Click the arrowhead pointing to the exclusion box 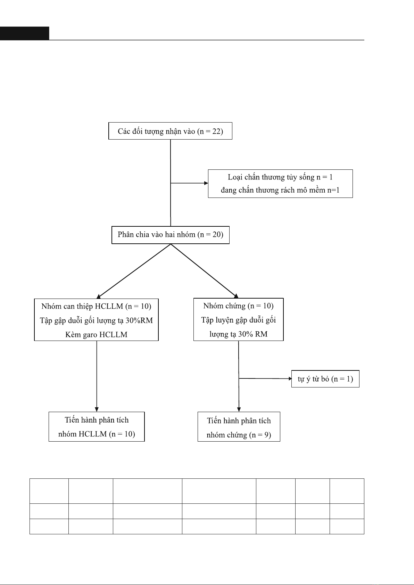click(x=206, y=183)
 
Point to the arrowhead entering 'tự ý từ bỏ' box click(x=290, y=378)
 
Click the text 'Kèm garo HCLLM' click(x=96, y=335)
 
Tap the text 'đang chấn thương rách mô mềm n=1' click(x=280, y=190)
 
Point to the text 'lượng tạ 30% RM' click(x=239, y=334)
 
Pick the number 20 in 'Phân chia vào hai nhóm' click(x=216, y=235)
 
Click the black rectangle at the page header click(x=25, y=33)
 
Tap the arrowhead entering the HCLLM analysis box click(x=97, y=410)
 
